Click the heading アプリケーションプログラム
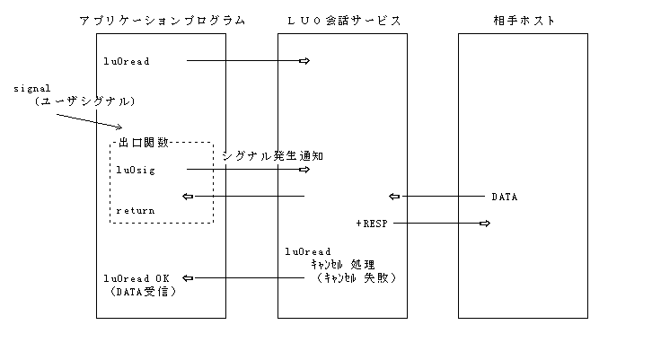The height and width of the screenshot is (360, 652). tap(162, 20)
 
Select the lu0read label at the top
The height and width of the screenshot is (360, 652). tap(126, 61)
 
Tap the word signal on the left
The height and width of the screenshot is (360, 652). tap(30, 89)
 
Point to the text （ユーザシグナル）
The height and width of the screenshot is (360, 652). tap(79, 101)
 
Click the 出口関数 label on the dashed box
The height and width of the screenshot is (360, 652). tap(143, 142)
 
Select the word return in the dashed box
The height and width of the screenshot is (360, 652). tap(135, 210)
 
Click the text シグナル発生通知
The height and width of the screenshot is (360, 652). tap(272, 156)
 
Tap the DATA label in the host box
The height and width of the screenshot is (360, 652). tap(504, 196)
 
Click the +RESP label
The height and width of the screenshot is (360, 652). tap(371, 222)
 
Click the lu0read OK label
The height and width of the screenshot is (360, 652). tap(136, 277)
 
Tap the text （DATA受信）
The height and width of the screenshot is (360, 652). tap(136, 291)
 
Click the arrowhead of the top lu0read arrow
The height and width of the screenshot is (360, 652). tap(304, 61)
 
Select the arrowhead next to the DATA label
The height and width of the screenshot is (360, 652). tap(393, 196)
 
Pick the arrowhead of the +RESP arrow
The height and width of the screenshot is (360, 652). tap(484, 222)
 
